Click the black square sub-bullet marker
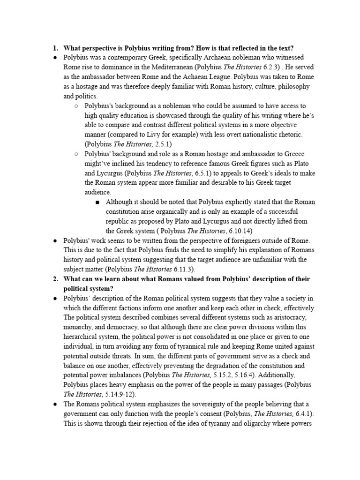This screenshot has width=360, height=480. [97, 202]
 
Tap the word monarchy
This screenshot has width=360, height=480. [80, 328]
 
